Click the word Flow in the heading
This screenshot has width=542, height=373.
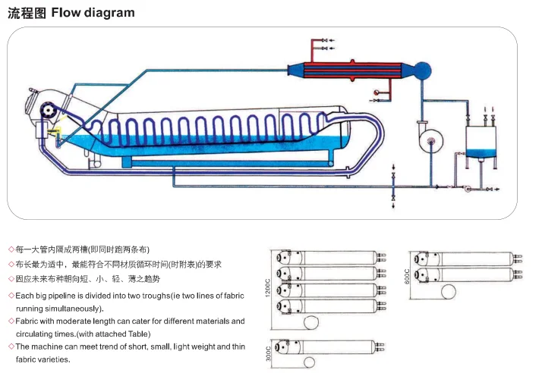68,12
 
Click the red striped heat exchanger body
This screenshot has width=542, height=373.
356,71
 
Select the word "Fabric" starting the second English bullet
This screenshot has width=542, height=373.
29,321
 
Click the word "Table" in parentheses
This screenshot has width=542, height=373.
138,334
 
